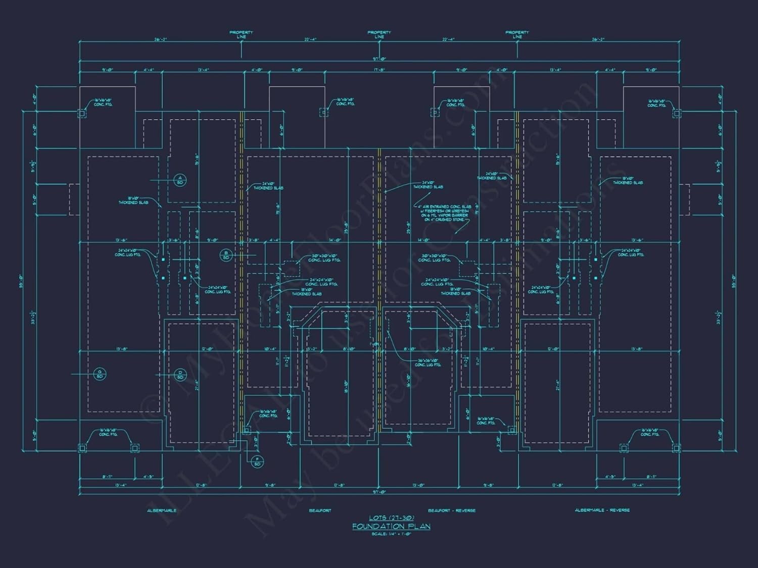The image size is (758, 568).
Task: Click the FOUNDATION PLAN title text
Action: [x=391, y=526]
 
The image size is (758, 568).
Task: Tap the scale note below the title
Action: [x=391, y=534]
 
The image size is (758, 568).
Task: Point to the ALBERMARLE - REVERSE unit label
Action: [x=602, y=510]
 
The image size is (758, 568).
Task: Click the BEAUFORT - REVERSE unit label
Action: [x=451, y=510]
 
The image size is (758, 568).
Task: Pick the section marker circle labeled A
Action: [x=180, y=179]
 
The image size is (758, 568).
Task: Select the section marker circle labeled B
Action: [x=226, y=255]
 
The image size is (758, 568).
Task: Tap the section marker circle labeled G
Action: [x=100, y=374]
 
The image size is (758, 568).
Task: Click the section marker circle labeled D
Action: [x=180, y=375]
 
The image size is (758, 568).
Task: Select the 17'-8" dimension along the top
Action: [x=379, y=70]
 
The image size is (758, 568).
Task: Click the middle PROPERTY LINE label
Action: [x=379, y=34]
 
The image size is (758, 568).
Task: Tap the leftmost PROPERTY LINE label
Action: [x=241, y=34]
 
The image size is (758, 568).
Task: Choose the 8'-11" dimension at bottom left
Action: [x=107, y=476]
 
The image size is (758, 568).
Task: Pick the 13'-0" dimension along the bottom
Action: [x=418, y=486]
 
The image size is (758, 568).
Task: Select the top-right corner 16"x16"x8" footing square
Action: [x=676, y=114]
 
